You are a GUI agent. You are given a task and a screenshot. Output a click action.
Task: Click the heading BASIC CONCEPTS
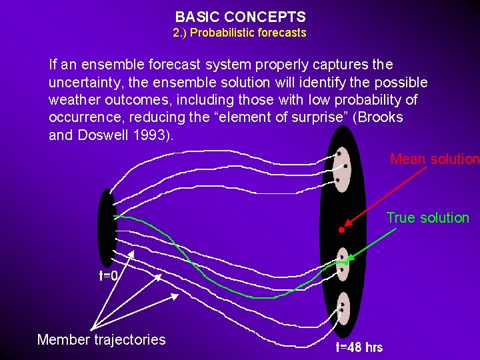click(x=240, y=17)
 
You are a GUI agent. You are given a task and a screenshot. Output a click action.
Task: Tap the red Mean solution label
click(x=434, y=159)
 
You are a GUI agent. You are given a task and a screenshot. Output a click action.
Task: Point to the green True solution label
click(x=428, y=218)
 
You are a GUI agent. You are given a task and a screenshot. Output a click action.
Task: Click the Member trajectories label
click(x=101, y=339)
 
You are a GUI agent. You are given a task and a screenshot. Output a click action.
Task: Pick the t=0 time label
click(x=109, y=275)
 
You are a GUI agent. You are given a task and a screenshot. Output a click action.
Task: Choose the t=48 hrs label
click(x=359, y=347)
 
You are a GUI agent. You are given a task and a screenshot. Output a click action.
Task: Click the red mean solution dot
click(x=341, y=229)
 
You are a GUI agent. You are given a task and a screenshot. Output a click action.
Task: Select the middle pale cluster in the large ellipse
click(x=343, y=264)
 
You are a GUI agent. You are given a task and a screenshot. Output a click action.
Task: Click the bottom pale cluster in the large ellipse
click(x=343, y=308)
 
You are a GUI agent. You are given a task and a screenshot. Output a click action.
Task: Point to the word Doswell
click(x=96, y=135)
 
